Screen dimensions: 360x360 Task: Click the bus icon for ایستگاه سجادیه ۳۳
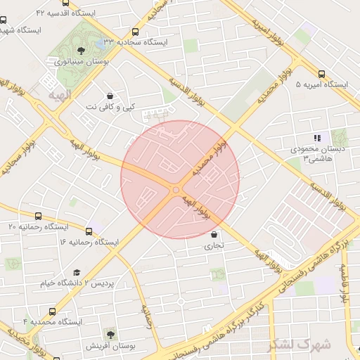pos(135,32)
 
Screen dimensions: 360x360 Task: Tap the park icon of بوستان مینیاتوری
pos(82,50)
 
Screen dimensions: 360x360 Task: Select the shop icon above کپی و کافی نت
pos(110,96)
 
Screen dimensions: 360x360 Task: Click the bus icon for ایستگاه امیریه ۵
pos(322,74)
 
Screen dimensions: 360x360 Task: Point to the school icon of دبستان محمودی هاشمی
pos(318,138)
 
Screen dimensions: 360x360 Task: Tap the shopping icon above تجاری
pos(213,235)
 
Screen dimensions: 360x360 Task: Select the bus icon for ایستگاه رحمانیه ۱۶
pos(89,231)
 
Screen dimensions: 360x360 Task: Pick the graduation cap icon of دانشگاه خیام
pos(77,272)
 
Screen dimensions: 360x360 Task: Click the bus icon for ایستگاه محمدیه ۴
pos(53,311)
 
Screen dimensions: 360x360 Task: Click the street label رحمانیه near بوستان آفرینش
pos(148,318)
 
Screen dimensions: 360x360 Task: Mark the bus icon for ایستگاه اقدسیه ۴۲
pos(65,3)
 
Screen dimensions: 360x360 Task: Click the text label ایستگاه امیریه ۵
pos(322,84)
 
